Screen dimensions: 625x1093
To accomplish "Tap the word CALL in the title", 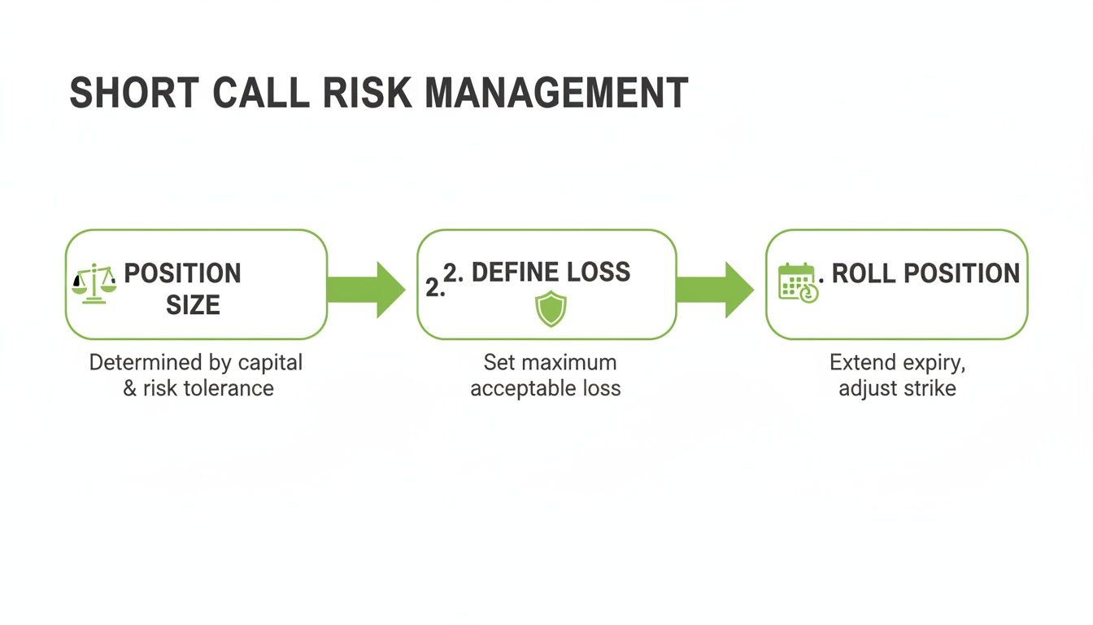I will (261, 94).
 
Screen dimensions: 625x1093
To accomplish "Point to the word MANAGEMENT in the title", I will (556, 94).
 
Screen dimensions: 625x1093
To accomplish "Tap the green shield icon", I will (551, 310).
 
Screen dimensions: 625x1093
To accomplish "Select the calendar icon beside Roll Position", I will (798, 282).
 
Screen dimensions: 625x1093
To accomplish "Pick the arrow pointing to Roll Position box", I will (715, 289).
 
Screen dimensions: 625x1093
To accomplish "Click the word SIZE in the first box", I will (193, 305).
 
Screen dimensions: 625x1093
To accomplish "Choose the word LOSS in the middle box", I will (601, 272).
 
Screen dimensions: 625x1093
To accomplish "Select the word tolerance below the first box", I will (231, 387).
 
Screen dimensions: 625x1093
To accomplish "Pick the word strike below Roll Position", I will (930, 387).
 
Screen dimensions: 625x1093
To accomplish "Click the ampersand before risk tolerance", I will (129, 388).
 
